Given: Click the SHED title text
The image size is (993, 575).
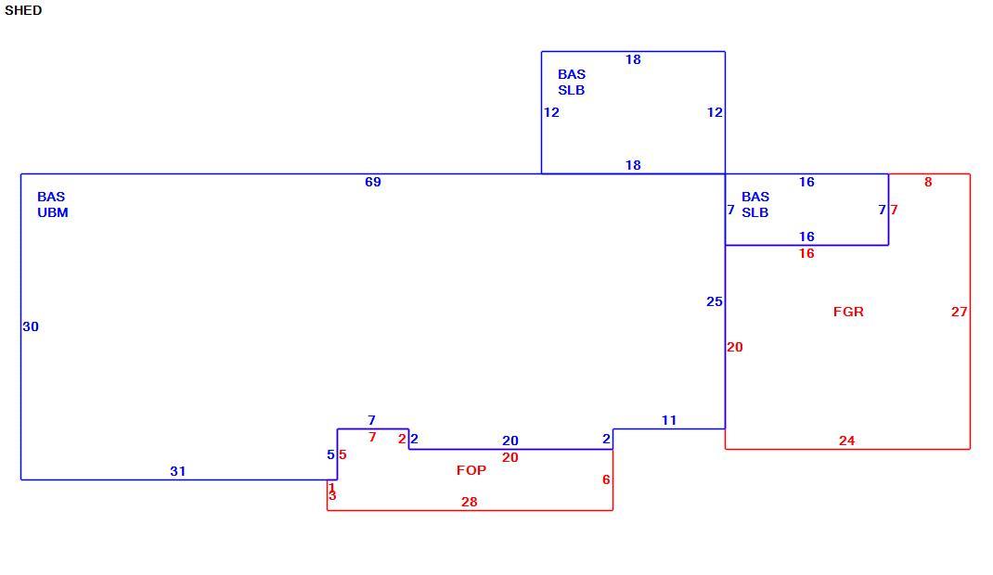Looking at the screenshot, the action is click(23, 10).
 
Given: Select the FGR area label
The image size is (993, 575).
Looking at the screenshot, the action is click(848, 312).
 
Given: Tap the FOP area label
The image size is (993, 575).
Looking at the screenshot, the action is click(471, 470).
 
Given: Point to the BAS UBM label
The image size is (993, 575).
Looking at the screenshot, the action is click(53, 204).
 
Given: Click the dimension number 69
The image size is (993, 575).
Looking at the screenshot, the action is click(373, 182).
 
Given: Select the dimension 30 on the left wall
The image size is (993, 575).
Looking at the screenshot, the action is click(31, 326).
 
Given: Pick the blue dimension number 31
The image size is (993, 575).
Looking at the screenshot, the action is click(178, 471).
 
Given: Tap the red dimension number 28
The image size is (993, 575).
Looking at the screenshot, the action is click(470, 502).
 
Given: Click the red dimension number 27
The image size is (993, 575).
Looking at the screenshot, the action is click(960, 312).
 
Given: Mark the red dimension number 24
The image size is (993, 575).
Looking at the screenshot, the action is click(846, 441).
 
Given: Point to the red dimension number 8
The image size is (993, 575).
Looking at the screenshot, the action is click(928, 182).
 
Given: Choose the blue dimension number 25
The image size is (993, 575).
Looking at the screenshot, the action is click(715, 301).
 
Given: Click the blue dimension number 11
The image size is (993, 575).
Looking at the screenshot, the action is click(669, 420).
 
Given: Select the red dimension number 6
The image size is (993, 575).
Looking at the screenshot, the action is click(606, 479).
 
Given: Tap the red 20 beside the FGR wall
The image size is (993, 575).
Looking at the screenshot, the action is click(735, 347).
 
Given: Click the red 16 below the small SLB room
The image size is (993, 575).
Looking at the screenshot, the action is click(806, 254).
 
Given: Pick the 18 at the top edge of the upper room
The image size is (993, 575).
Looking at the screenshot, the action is click(633, 59).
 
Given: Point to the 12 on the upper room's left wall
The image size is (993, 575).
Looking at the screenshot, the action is click(551, 112).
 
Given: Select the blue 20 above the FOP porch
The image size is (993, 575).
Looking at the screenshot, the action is click(510, 441).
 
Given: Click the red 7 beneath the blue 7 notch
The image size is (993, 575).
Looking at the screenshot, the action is click(372, 437).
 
